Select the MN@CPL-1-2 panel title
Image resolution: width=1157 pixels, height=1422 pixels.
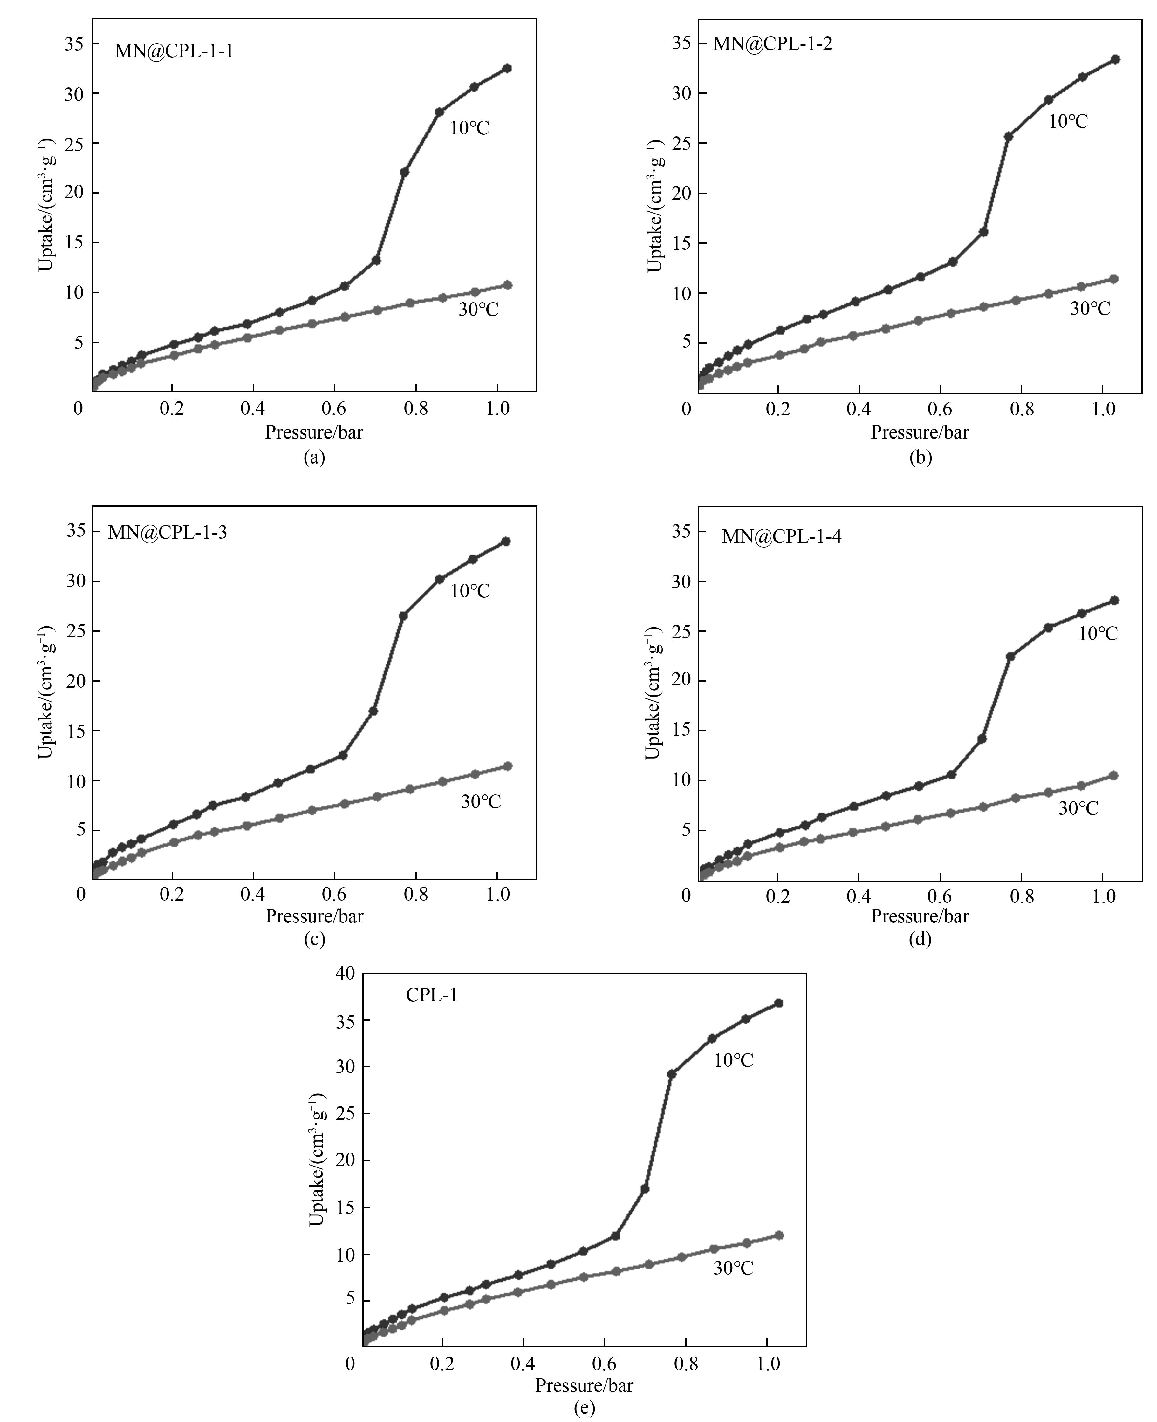(x=772, y=44)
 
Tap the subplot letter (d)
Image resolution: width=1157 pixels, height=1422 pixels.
(x=920, y=939)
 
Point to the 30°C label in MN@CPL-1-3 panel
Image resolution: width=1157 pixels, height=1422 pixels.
(x=481, y=802)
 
